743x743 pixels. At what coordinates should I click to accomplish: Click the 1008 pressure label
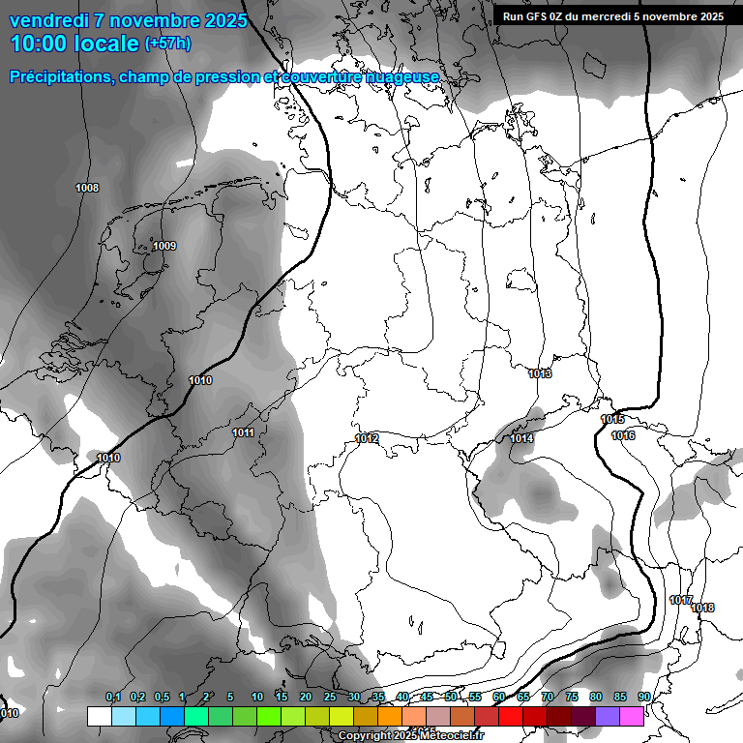click(87, 188)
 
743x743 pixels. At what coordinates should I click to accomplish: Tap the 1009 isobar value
click(164, 246)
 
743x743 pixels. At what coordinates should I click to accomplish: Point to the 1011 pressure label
click(243, 432)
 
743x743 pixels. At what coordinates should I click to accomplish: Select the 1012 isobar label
click(367, 438)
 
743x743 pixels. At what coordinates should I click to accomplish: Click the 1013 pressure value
click(540, 373)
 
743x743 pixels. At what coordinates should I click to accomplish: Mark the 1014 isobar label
click(521, 439)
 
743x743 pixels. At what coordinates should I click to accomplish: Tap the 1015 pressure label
click(612, 419)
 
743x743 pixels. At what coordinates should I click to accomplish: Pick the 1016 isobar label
click(623, 435)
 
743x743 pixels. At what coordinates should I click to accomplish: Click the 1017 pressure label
click(680, 600)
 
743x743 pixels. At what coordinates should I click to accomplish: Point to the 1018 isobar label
click(703, 608)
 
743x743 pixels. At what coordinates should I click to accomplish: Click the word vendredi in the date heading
click(48, 20)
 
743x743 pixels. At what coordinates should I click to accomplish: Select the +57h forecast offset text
click(167, 44)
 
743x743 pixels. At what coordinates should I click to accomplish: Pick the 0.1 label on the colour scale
click(113, 697)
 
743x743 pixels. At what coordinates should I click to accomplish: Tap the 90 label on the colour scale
click(644, 697)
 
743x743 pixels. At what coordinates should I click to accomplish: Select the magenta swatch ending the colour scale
click(632, 716)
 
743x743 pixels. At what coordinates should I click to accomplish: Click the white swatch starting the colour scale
click(99, 716)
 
